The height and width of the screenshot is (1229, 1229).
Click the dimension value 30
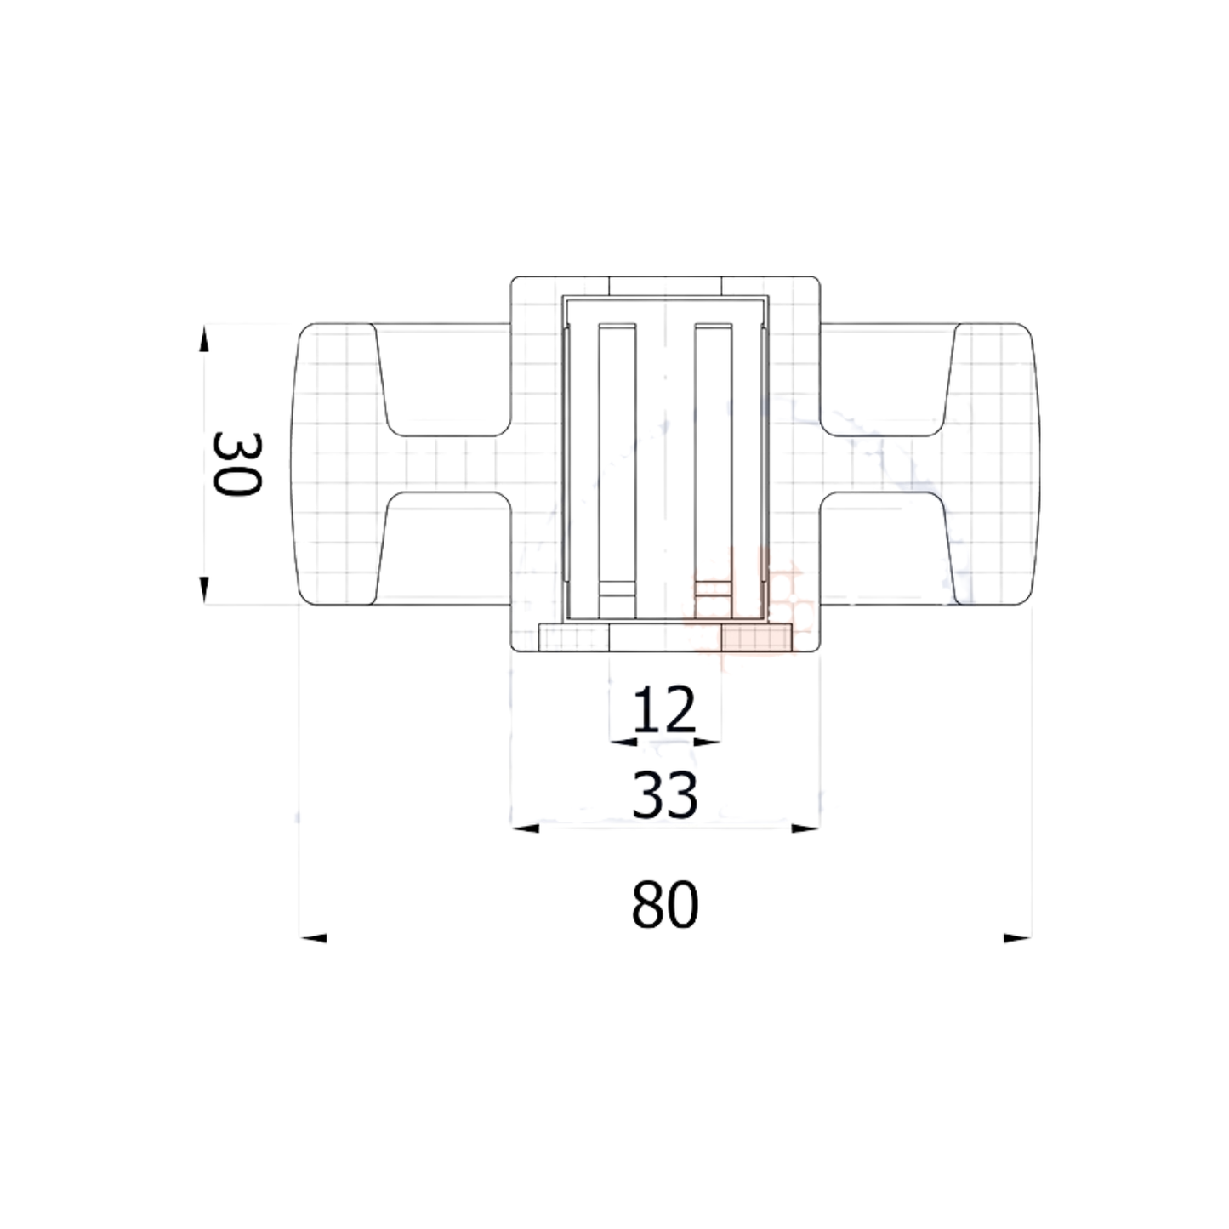coord(236,464)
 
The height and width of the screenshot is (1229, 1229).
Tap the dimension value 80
coord(665,904)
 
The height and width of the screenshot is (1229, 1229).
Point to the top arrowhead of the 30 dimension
coord(203,339)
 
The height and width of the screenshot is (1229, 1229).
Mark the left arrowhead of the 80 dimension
coord(314,938)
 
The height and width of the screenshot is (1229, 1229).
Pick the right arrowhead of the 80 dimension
coord(1017,938)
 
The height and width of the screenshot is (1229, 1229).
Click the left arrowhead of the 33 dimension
coord(526,828)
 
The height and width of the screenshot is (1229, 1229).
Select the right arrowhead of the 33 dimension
coord(805,828)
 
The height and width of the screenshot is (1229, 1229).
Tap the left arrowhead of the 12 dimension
coord(623,743)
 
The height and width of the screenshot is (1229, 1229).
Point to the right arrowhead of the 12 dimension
coord(707,743)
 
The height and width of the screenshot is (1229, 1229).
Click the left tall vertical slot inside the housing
coord(617,459)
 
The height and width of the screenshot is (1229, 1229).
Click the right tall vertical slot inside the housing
coord(713,459)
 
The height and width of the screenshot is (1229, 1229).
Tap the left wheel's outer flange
coord(336,464)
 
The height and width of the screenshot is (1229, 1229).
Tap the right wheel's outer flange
coord(995,464)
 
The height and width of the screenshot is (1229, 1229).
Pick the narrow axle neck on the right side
coord(880,464)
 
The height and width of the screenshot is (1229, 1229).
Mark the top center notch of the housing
coord(665,287)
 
